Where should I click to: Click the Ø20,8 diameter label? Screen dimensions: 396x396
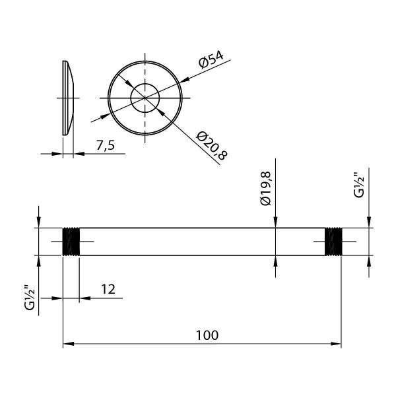(211, 145)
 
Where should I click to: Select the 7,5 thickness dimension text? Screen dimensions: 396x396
(104, 145)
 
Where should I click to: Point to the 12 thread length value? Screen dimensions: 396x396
(108, 289)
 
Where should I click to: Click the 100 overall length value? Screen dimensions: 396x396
(207, 335)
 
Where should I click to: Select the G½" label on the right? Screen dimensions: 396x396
(358, 185)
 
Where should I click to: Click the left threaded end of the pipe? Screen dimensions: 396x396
(71, 242)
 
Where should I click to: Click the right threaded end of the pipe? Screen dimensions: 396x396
(335, 242)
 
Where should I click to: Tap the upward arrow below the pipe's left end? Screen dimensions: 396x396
(39, 261)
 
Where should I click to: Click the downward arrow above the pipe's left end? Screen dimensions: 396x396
(39, 223)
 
